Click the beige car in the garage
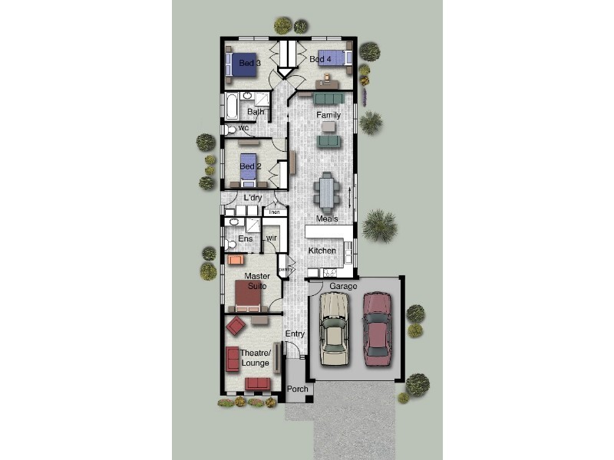(335, 330)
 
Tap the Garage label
(344, 286)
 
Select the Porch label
(298, 389)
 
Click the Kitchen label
(322, 251)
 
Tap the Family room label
(328, 115)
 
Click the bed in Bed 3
(239, 63)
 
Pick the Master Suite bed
(249, 297)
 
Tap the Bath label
(256, 112)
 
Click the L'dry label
(253, 198)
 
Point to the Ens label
(245, 239)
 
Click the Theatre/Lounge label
(253, 357)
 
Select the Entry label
(295, 334)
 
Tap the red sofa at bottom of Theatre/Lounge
(257, 383)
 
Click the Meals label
(327, 219)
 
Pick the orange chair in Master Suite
(236, 260)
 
